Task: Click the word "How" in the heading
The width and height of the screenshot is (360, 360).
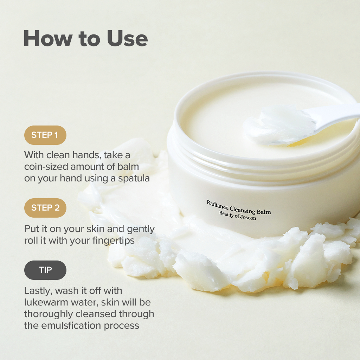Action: (x=48, y=38)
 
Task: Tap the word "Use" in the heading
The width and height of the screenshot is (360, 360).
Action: (x=127, y=38)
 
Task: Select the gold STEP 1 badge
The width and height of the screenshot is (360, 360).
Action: (x=45, y=135)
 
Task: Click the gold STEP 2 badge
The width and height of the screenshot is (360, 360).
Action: (x=45, y=208)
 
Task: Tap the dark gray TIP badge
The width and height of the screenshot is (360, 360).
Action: (x=45, y=270)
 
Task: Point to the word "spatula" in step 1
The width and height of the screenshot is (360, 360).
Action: (x=134, y=179)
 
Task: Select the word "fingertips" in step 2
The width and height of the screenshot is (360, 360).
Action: (x=114, y=241)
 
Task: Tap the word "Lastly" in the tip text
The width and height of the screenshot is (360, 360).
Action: (x=38, y=291)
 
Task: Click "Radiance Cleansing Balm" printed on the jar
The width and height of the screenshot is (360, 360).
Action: (x=239, y=207)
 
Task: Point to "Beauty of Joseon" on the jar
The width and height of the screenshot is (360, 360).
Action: (x=238, y=216)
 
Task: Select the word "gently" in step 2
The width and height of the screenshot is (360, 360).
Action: (x=141, y=229)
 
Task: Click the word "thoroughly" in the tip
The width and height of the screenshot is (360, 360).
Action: (x=49, y=314)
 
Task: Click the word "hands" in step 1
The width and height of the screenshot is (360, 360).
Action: (x=86, y=155)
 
